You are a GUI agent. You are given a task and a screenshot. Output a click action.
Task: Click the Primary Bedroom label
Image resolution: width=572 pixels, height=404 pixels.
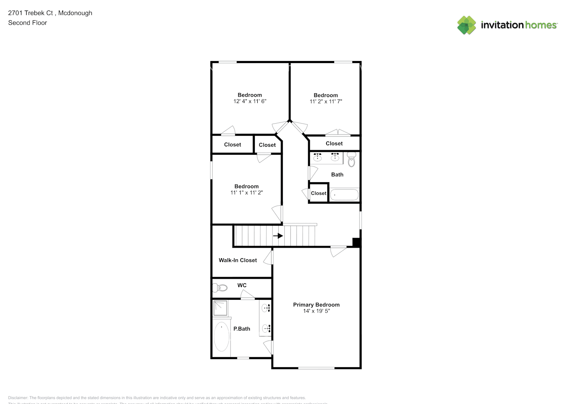pos(316,305)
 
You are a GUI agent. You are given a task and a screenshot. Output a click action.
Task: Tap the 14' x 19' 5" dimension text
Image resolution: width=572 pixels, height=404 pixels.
pos(316,311)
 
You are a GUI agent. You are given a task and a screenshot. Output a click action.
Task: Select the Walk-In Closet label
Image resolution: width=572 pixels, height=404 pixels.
pos(237,260)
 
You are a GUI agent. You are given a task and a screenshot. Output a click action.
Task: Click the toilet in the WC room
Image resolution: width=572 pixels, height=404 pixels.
pos(220,288)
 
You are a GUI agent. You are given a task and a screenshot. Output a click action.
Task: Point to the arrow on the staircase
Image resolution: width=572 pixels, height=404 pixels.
pos(278,236)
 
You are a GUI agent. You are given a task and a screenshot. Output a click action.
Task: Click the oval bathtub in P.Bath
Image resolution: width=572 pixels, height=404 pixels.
pos(221,336)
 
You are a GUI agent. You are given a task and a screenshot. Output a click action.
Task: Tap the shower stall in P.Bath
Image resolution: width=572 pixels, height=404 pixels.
pos(220,308)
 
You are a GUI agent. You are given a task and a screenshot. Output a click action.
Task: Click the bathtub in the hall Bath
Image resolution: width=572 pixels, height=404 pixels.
pos(344,195)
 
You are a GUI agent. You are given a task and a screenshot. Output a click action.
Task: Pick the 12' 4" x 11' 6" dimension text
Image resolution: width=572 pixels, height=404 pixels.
pos(250,101)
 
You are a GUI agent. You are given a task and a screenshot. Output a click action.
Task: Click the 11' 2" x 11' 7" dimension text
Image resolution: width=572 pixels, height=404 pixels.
pos(326,102)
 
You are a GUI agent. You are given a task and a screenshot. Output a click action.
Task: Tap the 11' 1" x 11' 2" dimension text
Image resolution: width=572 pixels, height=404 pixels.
pos(246,193)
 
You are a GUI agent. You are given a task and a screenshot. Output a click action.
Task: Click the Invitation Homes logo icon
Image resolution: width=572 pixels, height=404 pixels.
pos(466,25)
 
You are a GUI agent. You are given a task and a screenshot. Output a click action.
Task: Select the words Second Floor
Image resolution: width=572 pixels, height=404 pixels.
pos(28,23)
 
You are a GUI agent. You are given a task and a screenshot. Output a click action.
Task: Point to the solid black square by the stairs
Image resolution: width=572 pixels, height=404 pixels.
pos(356,242)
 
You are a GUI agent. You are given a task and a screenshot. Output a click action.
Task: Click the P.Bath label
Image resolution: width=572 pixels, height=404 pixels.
pos(242,329)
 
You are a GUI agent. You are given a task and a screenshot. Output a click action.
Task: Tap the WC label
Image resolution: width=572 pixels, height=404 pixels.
pos(242,285)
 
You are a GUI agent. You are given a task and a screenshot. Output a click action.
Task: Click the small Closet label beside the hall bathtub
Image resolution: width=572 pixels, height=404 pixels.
pos(318,193)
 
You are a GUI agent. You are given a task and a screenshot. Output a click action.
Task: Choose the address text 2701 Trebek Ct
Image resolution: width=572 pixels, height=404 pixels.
pos(30,13)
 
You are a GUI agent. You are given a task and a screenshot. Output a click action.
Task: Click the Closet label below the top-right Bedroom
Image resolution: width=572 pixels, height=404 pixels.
pos(334,143)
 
